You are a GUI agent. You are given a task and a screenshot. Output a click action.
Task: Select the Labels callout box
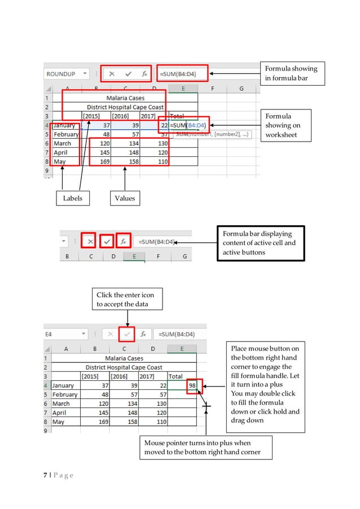(x=72, y=198)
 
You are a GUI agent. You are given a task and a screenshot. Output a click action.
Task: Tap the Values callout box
(x=125, y=198)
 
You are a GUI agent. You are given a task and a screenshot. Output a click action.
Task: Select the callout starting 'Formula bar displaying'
(x=260, y=243)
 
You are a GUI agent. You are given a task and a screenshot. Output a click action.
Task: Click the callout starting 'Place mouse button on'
(x=265, y=384)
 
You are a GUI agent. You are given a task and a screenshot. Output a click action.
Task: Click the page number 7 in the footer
(x=46, y=475)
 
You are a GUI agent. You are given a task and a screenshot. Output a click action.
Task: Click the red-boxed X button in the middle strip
(x=87, y=242)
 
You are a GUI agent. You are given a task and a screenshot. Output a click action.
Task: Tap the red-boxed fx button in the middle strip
(x=124, y=242)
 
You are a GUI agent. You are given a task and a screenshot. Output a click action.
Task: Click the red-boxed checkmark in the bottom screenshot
(x=128, y=334)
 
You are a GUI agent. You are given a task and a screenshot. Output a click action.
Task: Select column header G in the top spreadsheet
(x=241, y=88)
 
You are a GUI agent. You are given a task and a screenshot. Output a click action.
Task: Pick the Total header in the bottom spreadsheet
(x=175, y=376)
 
